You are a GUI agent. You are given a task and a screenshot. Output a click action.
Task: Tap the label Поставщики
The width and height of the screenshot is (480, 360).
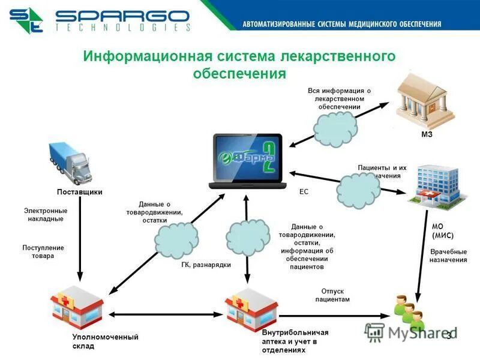[x=79, y=192]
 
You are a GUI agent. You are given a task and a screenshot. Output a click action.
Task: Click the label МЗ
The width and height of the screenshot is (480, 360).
[x=427, y=134]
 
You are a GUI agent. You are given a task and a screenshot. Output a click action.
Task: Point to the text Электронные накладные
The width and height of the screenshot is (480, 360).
[x=46, y=215]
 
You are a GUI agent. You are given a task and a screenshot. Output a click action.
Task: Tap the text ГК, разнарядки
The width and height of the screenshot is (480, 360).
[x=206, y=264]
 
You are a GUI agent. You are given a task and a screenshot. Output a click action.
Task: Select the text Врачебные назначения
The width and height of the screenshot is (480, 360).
[x=448, y=256]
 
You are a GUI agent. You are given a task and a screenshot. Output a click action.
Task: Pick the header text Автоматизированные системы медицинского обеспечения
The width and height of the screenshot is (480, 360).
[x=341, y=24]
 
